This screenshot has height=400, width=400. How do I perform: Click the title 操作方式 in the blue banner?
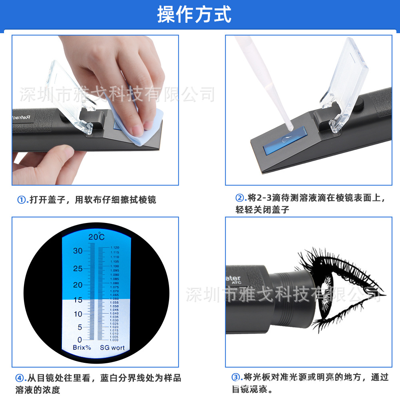pyautogui.click(x=194, y=14)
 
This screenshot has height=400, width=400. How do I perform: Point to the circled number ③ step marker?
pyautogui.click(x=237, y=377)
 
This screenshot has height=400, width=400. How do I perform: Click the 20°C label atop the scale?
pyautogui.click(x=96, y=237)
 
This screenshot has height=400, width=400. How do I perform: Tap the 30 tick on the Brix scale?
pyautogui.click(x=78, y=251)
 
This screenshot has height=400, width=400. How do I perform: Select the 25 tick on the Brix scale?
pyautogui.click(x=78, y=269)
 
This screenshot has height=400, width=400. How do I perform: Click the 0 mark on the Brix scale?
pyautogui.click(x=80, y=339)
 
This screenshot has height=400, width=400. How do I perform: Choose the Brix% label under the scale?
pyautogui.click(x=82, y=348)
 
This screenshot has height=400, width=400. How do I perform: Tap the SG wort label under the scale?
pyautogui.click(x=112, y=348)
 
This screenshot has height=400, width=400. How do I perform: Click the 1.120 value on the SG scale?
pyautogui.click(x=114, y=248)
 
